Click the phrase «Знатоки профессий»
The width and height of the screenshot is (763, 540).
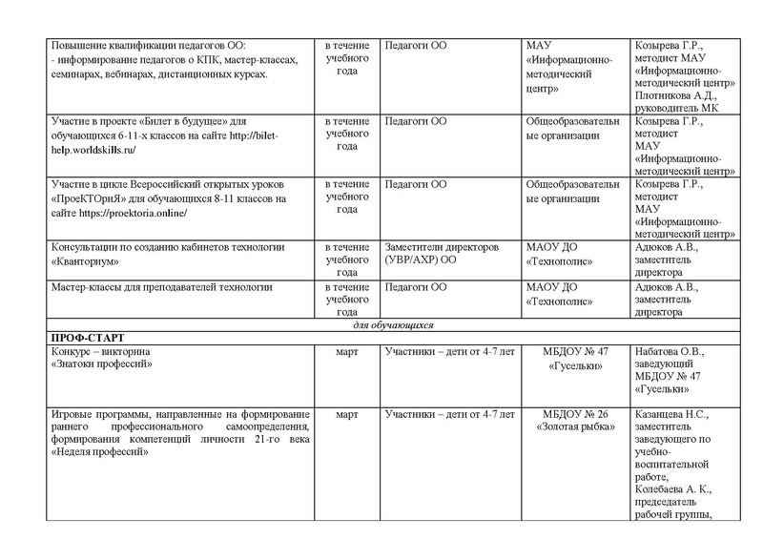[100, 364]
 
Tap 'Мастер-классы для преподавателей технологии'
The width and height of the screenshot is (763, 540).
[162, 286]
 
